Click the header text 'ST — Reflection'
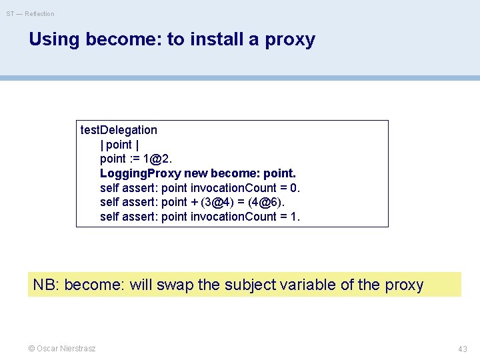pos(31,13)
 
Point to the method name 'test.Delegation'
pos(119,130)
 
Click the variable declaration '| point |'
pos(119,145)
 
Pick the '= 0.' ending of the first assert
pos(291,188)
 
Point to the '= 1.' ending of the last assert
pos(291,217)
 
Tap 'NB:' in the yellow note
pos(46,285)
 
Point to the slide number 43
pos(462,349)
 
